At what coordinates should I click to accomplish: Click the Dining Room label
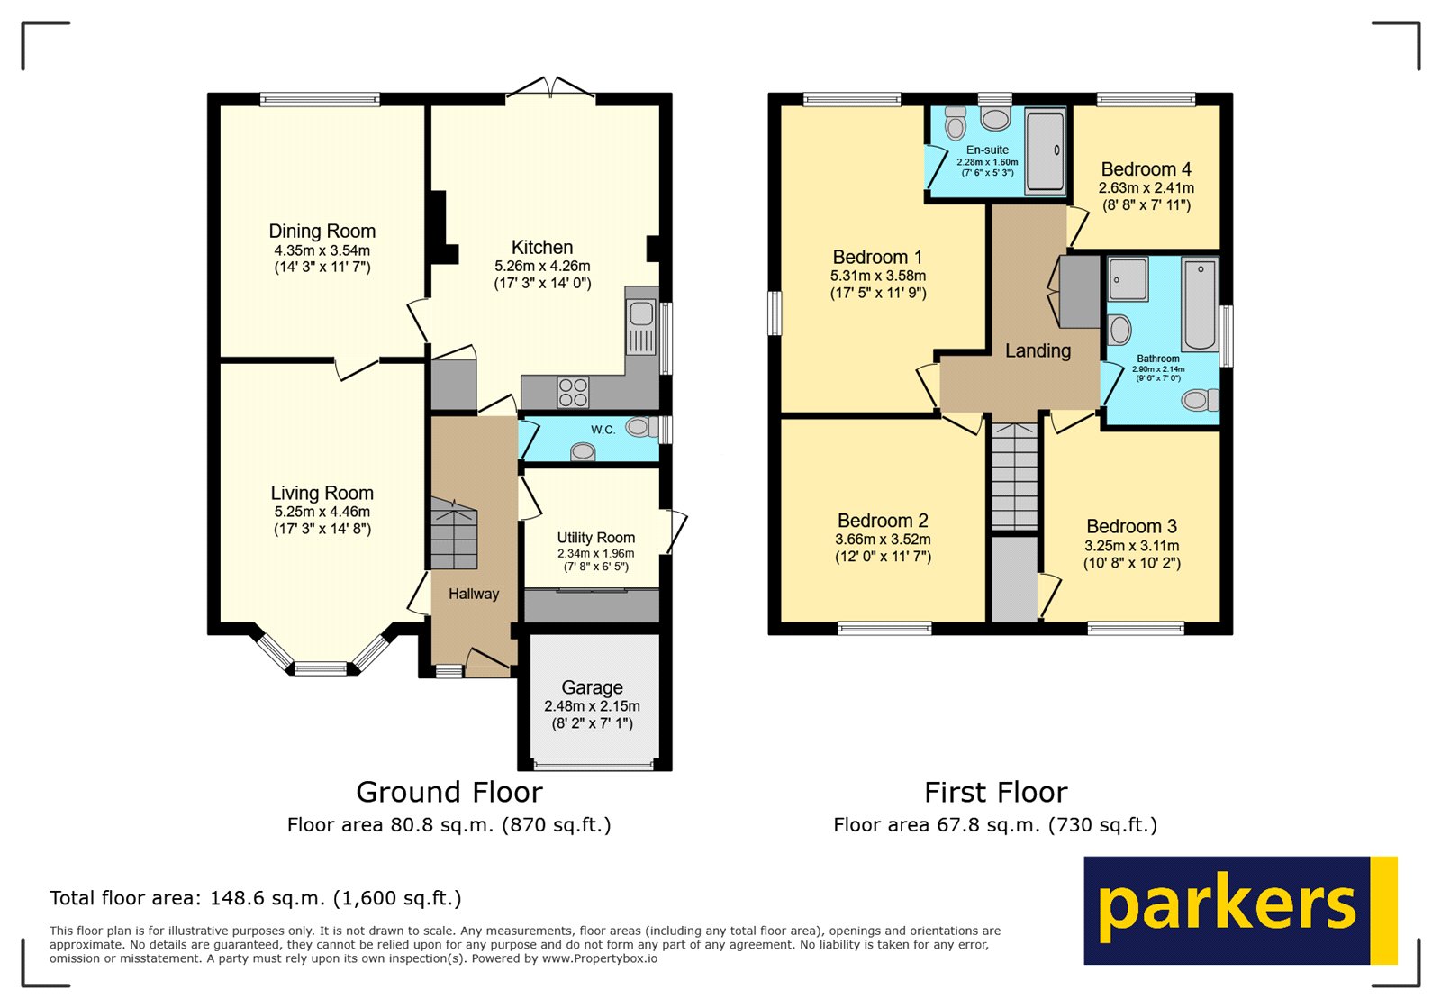(x=322, y=232)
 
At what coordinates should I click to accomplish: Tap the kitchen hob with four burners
(x=573, y=393)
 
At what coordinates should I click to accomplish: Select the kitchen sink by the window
(x=641, y=314)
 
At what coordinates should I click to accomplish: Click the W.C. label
(x=603, y=430)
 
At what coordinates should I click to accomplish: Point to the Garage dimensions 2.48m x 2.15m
(x=592, y=706)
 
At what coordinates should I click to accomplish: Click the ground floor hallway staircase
(x=453, y=536)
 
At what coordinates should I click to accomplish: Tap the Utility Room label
(x=595, y=538)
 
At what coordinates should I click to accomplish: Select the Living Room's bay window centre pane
(x=321, y=668)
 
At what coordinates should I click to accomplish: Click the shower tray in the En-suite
(x=1045, y=150)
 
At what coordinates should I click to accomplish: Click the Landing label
(x=1038, y=350)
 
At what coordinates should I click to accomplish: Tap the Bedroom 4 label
(x=1146, y=169)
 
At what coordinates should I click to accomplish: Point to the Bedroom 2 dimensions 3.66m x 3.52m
(x=883, y=540)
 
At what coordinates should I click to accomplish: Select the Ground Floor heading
(x=449, y=792)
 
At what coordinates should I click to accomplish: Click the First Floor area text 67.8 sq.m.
(x=994, y=824)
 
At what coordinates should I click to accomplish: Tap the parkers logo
(x=1239, y=910)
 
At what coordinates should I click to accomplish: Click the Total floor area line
(x=255, y=898)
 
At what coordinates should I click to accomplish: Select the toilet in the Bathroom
(x=1198, y=400)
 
